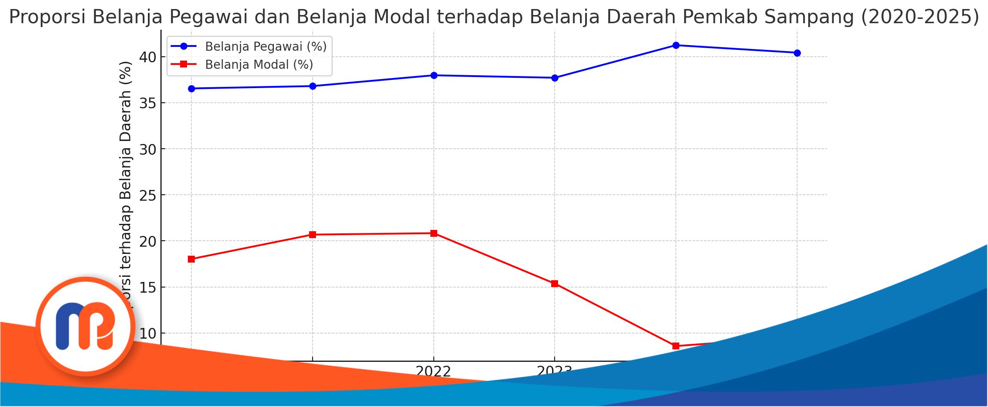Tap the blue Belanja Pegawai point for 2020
(191, 89)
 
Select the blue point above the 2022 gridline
(433, 75)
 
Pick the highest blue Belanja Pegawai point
(675, 45)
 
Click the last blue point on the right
(797, 53)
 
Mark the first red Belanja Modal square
(191, 259)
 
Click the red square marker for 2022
(433, 233)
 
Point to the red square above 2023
(554, 284)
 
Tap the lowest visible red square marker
(675, 346)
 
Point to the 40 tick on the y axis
(147, 57)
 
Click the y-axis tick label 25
(147, 196)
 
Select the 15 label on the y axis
(147, 288)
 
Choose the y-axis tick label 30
(147, 150)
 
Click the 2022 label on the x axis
(433, 371)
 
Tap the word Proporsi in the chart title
(48, 17)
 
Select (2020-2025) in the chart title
(920, 17)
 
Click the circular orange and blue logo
(86, 327)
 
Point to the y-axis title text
(125, 181)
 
